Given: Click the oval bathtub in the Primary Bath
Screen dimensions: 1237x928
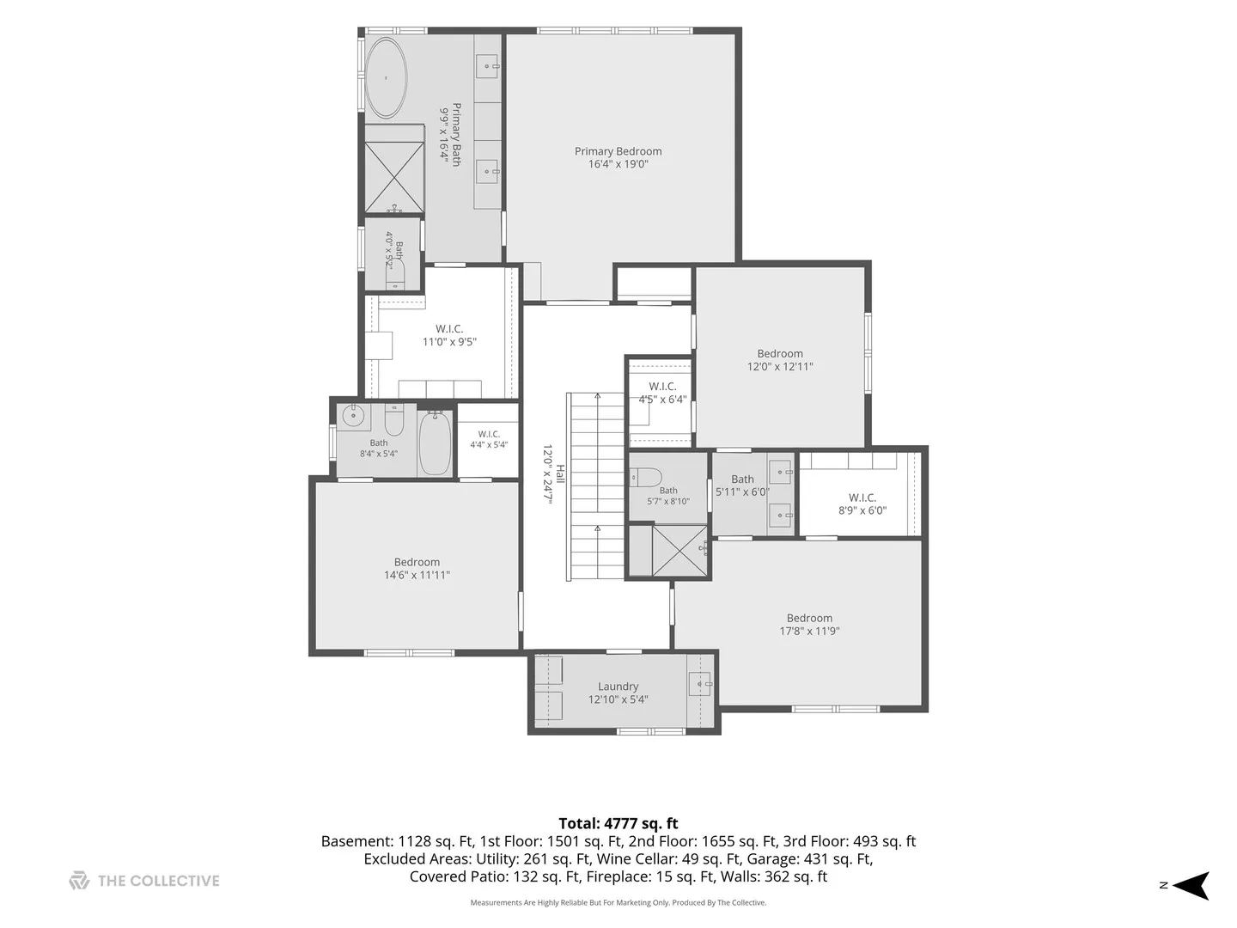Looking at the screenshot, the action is (386, 77).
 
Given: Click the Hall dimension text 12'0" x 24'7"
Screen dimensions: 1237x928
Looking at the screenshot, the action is (547, 473).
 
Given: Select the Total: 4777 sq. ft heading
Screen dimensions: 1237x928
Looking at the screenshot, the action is (618, 824).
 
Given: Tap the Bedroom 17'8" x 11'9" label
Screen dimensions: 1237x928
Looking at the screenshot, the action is (809, 625).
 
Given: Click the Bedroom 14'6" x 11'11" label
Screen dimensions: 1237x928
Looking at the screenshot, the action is (417, 569).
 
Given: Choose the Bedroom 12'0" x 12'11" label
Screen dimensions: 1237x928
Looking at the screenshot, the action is (779, 360).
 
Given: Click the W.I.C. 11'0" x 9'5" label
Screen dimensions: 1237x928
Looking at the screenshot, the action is (449, 335).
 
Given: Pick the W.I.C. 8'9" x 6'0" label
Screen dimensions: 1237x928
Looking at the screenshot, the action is (862, 504).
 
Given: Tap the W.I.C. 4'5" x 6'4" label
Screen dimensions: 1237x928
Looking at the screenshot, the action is (662, 393).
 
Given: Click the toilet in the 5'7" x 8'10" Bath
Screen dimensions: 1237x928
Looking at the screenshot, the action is (645, 478).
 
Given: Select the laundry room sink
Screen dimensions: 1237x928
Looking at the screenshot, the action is (700, 684).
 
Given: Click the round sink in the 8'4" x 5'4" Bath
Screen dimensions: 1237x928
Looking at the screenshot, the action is (353, 418).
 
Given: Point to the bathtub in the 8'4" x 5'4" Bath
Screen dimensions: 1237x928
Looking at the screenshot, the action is (435, 443).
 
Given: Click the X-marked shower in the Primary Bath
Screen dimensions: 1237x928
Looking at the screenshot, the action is (394, 178).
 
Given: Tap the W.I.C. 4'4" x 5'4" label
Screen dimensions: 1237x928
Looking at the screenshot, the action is (489, 439).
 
